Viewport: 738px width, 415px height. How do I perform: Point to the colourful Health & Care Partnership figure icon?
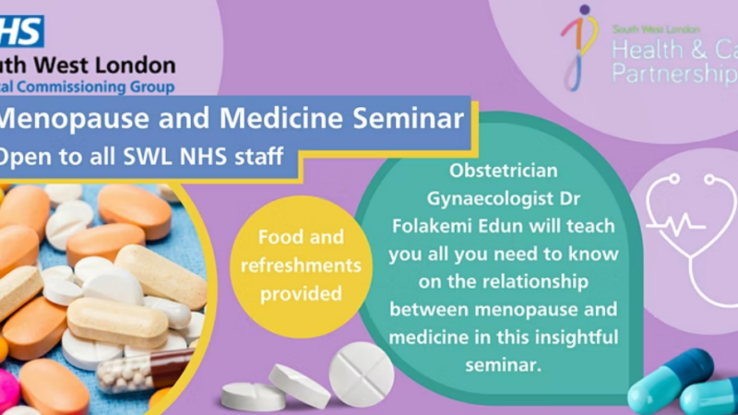click(x=579, y=46)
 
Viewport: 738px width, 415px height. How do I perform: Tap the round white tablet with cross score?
click(x=361, y=373)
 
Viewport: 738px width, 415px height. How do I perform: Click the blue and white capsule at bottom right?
click(x=670, y=379)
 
